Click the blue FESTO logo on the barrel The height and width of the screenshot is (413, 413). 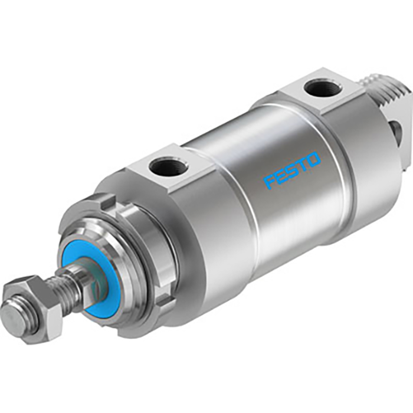pos(293,169)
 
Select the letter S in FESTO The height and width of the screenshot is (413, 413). pos(293,169)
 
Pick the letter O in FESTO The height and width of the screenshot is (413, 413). pos(314,159)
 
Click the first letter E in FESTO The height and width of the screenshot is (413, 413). pos(281,175)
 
